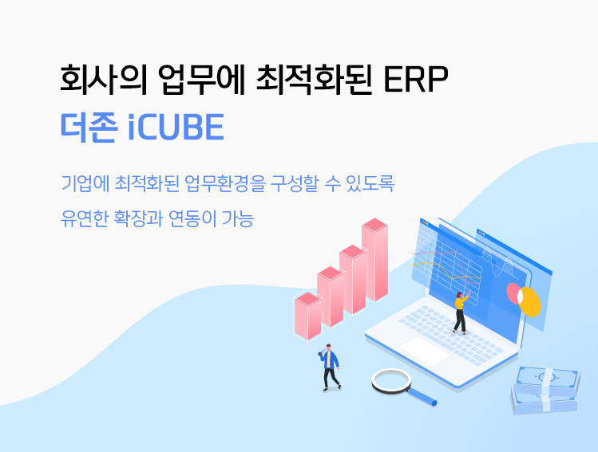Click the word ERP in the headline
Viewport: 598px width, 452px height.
pyautogui.click(x=416, y=79)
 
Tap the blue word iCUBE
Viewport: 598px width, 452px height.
pyautogui.click(x=176, y=127)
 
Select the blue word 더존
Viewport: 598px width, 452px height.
pyautogui.click(x=89, y=128)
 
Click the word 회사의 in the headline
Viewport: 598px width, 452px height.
pyautogui.click(x=103, y=79)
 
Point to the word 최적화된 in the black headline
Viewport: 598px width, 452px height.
pyautogui.click(x=314, y=79)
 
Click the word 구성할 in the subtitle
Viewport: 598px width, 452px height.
pyautogui.click(x=294, y=183)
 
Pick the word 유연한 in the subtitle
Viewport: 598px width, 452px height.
pyautogui.click(x=85, y=218)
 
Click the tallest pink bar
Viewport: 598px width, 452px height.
pyautogui.click(x=375, y=260)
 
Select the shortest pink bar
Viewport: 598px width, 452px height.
pyautogui.click(x=308, y=316)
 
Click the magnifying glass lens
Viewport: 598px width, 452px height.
pyautogui.click(x=392, y=381)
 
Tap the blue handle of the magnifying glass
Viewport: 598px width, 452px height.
pyautogui.click(x=422, y=396)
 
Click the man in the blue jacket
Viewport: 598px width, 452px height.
pyautogui.click(x=330, y=367)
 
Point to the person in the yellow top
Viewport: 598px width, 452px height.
pyautogui.click(x=461, y=312)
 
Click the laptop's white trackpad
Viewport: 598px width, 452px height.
pyautogui.click(x=425, y=350)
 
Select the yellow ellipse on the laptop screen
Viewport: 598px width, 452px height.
pyautogui.click(x=530, y=302)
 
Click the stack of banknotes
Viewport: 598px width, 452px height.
pyautogui.click(x=545, y=391)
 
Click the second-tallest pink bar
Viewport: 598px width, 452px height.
pyautogui.click(x=353, y=280)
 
